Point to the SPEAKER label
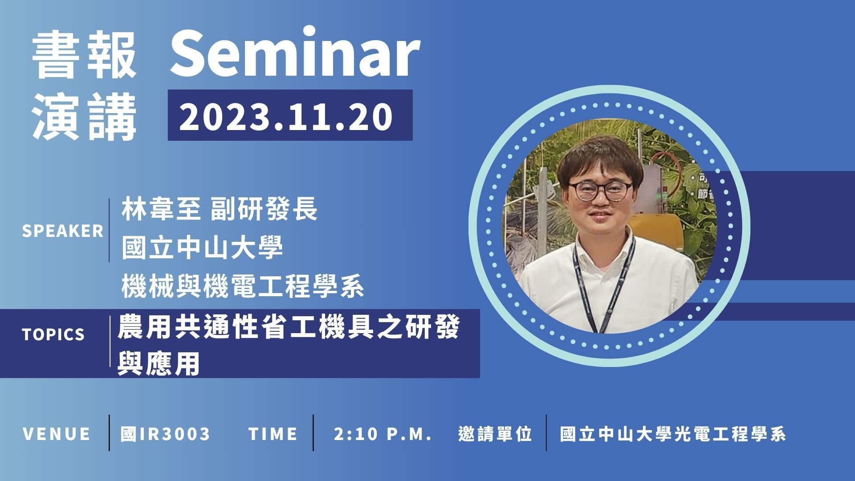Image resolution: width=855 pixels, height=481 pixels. (x=63, y=231)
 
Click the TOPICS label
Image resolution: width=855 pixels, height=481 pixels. (x=53, y=334)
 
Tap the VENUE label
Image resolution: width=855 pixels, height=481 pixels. (x=57, y=434)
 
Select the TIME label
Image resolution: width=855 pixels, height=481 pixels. (x=273, y=434)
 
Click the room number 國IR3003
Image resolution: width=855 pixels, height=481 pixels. (x=166, y=434)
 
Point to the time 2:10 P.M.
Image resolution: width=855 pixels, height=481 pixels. (x=383, y=434)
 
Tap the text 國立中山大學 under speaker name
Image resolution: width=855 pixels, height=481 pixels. (x=202, y=248)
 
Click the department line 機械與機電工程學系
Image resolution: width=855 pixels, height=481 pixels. (x=243, y=286)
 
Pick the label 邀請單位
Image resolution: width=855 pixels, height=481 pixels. (x=495, y=434)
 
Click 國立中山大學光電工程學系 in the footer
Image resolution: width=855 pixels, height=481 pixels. (x=673, y=434)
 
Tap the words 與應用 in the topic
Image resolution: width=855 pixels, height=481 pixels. (x=158, y=365)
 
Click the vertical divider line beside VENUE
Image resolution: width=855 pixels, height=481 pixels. (x=109, y=433)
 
